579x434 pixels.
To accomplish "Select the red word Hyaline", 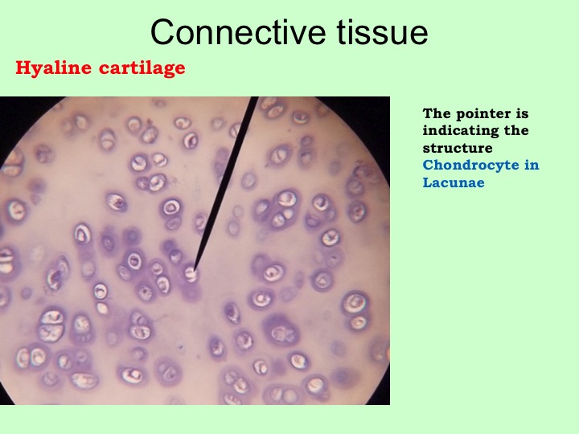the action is click(x=53, y=68).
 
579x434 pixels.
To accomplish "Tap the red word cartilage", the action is click(x=142, y=68).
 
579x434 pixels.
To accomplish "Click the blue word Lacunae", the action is click(x=454, y=182).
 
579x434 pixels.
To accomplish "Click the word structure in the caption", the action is click(x=458, y=148).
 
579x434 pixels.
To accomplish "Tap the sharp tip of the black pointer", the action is click(x=194, y=272).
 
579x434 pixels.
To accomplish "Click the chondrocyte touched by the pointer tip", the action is click(x=191, y=275).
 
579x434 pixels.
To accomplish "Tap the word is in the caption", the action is click(x=521, y=113).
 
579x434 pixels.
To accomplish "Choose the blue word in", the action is click(x=532, y=165).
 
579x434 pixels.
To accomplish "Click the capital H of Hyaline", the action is click(x=23, y=68).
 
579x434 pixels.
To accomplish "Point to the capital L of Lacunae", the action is click(x=428, y=182).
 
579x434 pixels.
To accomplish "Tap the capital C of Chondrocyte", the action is click(x=429, y=165).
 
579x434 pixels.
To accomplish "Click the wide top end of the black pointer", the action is click(x=254, y=97).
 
